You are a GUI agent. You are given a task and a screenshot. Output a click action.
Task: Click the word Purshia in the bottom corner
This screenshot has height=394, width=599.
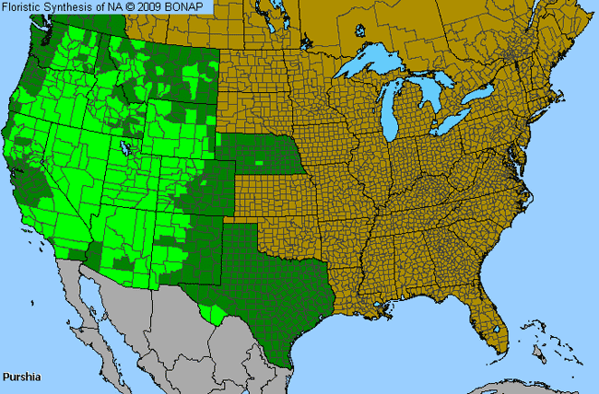pos(20,377)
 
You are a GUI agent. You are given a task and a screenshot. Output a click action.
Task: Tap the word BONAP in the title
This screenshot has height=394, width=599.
pos(194,7)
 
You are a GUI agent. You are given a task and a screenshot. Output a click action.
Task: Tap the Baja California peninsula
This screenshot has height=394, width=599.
pos(88,295)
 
